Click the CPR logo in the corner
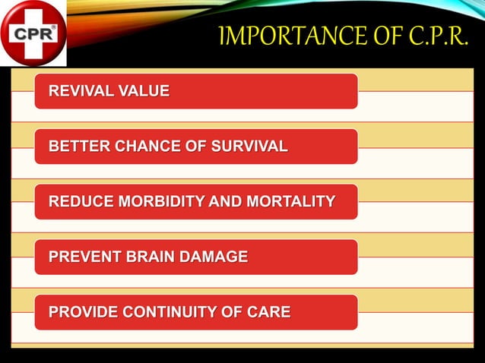click(33, 33)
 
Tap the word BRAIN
click(151, 257)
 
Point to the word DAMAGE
click(214, 257)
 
